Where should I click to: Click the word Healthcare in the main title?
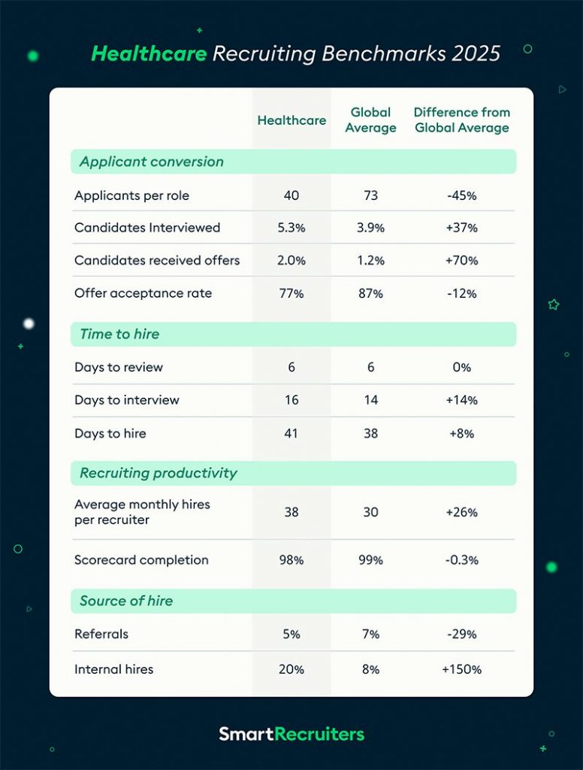[x=149, y=54]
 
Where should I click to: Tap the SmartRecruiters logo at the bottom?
[x=291, y=733]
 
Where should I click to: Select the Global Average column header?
[x=370, y=120]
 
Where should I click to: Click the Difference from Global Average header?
[x=461, y=120]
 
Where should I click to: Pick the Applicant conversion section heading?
[x=152, y=162]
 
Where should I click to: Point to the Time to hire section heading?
[x=119, y=335]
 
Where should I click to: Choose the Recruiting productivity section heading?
[x=159, y=473]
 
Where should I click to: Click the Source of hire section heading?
[x=126, y=601]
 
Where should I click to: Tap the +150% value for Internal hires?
[x=461, y=669]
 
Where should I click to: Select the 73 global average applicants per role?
[x=370, y=196]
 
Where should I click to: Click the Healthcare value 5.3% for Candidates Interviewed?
[x=291, y=228]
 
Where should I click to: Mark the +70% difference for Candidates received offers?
[x=461, y=261]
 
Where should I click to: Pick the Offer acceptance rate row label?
[x=143, y=293]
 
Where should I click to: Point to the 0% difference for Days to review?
[x=461, y=368]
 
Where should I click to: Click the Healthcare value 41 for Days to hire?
[x=291, y=433]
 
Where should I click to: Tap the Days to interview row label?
[x=127, y=400]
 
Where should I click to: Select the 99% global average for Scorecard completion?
[x=370, y=560]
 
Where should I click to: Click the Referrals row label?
[x=101, y=634]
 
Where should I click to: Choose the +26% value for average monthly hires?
[x=461, y=512]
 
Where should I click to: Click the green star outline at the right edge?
[x=554, y=305]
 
